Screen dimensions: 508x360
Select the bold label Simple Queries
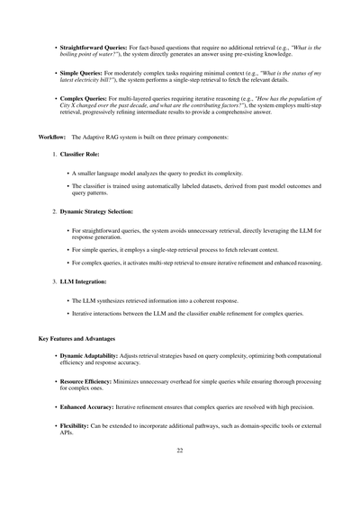pos(80,71)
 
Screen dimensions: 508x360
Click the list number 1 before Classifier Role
pos(54,156)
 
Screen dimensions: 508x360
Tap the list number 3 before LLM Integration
pos(54,282)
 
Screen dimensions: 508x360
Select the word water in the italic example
pos(105,53)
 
